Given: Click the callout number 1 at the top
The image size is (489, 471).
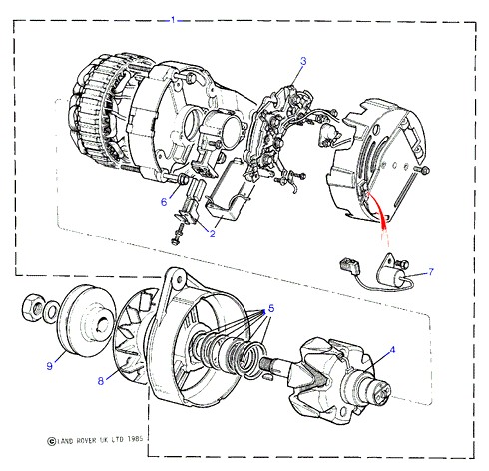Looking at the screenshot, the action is (x=173, y=20).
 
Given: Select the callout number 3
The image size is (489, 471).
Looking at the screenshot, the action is (x=303, y=61).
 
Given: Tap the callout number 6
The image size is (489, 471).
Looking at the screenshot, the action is (x=164, y=202).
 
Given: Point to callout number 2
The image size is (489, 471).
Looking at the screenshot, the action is (x=213, y=234).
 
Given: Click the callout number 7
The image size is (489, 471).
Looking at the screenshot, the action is (x=431, y=272).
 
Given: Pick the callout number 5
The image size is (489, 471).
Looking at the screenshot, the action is (x=271, y=309).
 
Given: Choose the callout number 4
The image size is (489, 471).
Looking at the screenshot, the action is (x=392, y=350).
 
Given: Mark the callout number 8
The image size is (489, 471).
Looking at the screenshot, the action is (x=101, y=381).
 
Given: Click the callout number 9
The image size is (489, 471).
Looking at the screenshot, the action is (x=50, y=366).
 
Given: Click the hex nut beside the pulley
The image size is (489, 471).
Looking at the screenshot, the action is (x=33, y=309).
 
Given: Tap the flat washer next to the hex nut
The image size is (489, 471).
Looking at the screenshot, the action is (x=51, y=312).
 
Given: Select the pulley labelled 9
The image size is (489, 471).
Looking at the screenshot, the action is (x=87, y=321).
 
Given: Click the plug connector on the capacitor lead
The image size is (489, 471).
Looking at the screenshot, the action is (x=348, y=265).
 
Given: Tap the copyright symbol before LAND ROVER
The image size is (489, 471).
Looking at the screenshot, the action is (x=51, y=441).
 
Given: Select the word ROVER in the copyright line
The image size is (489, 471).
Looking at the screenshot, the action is (x=86, y=440).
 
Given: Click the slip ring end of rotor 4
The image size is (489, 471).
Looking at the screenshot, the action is (x=380, y=389).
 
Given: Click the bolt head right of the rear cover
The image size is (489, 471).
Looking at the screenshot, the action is (x=425, y=170).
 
